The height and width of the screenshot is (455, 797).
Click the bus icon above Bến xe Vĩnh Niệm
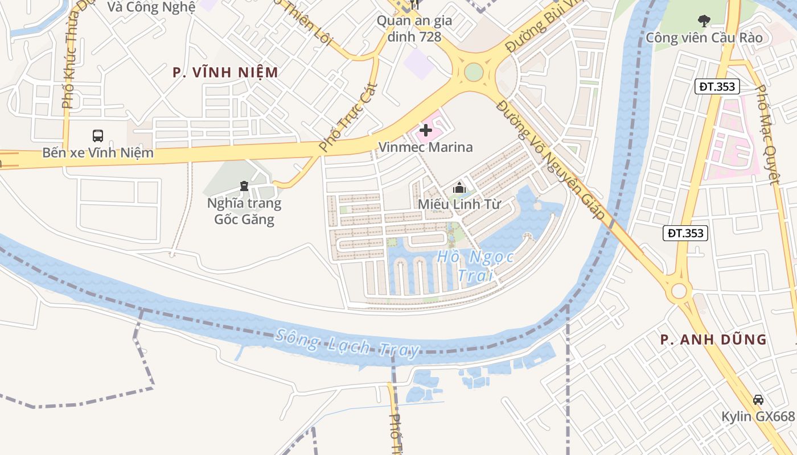(x=98, y=136)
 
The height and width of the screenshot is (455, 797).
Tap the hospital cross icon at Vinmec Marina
(x=425, y=131)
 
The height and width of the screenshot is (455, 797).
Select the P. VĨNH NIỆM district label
(x=226, y=73)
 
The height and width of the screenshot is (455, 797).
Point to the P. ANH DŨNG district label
(x=713, y=340)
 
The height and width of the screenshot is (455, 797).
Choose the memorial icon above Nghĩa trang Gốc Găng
(x=244, y=186)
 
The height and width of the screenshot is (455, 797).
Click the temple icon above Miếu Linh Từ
(x=459, y=187)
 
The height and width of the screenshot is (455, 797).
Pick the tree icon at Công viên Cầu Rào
(x=704, y=22)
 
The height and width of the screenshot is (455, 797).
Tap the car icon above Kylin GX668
(x=758, y=400)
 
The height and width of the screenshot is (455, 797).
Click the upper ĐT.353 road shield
(x=717, y=86)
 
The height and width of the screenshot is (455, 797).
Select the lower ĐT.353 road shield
(x=685, y=233)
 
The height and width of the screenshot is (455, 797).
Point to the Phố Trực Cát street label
(x=348, y=117)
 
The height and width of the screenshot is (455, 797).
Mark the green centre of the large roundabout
(x=474, y=72)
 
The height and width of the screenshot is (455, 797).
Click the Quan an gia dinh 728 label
(x=414, y=29)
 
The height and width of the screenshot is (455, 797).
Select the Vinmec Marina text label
(x=425, y=147)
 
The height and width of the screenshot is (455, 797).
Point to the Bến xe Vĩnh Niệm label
(x=98, y=152)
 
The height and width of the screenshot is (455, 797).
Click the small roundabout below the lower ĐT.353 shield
(x=679, y=291)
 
